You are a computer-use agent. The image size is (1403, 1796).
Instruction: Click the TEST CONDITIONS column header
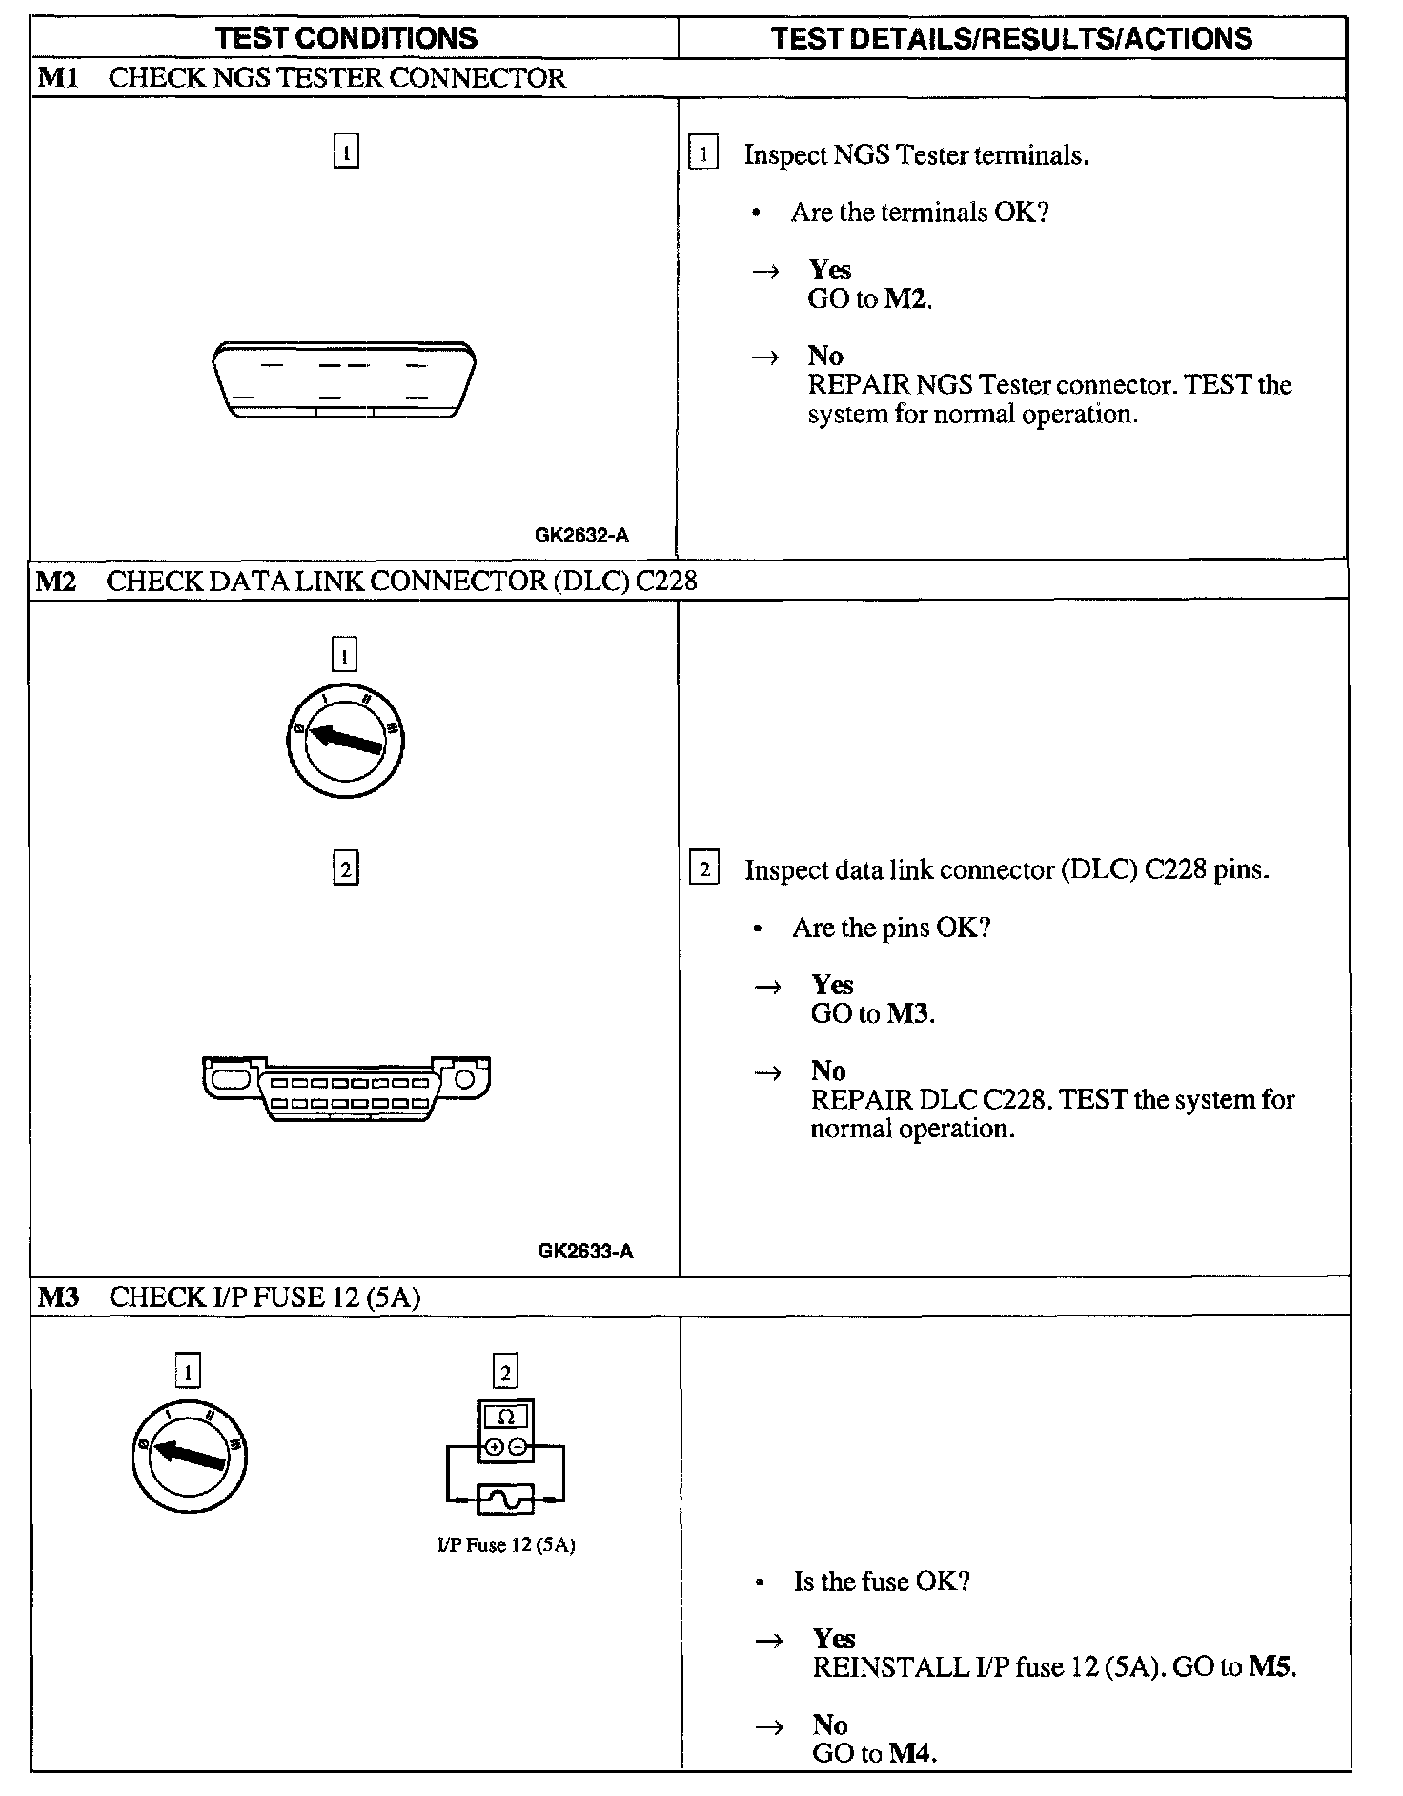pyautogui.click(x=346, y=38)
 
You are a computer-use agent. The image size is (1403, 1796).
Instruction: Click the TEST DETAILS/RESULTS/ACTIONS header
pyautogui.click(x=1011, y=38)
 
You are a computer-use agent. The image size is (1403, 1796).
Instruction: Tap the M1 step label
pyautogui.click(x=58, y=78)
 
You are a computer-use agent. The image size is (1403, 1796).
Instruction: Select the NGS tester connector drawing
pyautogui.click(x=344, y=379)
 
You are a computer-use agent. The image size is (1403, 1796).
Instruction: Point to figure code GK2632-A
pyautogui.click(x=581, y=536)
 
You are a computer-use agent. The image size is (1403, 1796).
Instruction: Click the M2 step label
pyautogui.click(x=56, y=581)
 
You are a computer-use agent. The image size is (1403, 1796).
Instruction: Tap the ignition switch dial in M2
pyautogui.click(x=345, y=740)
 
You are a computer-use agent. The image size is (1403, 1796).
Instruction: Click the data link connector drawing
pyautogui.click(x=347, y=1088)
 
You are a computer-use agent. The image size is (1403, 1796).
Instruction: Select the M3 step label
pyautogui.click(x=58, y=1296)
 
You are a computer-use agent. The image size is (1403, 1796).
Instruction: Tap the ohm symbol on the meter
pyautogui.click(x=506, y=1418)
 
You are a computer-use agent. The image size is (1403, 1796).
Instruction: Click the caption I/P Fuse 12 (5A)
pyautogui.click(x=506, y=1545)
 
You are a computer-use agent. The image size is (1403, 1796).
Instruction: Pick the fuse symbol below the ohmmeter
pyautogui.click(x=505, y=1501)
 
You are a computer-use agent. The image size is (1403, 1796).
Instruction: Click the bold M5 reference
pyautogui.click(x=1271, y=1666)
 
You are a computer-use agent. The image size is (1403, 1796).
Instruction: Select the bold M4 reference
pyautogui.click(x=910, y=1752)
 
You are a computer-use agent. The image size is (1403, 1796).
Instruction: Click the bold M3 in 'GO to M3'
pyautogui.click(x=908, y=1013)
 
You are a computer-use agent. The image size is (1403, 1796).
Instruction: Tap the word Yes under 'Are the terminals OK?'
pyautogui.click(x=830, y=270)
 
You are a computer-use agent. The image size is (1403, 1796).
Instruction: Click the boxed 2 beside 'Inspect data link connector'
pyautogui.click(x=703, y=869)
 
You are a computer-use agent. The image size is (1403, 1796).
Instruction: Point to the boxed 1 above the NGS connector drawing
pyautogui.click(x=346, y=152)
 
